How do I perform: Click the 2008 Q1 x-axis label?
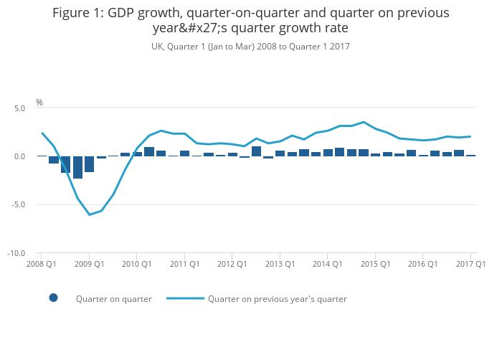click(x=42, y=264)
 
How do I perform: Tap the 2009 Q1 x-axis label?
click(x=89, y=264)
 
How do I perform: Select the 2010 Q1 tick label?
click(x=136, y=264)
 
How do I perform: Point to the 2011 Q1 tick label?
click(x=184, y=264)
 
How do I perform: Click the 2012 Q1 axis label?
click(x=232, y=264)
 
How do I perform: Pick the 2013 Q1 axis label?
click(x=280, y=264)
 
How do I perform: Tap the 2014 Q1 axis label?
click(x=327, y=264)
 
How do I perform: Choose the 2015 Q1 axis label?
click(x=375, y=264)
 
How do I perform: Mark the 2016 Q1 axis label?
click(x=422, y=264)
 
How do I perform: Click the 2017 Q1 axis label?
click(x=470, y=264)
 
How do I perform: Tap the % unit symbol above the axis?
click(x=39, y=103)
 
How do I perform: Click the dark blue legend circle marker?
click(x=53, y=298)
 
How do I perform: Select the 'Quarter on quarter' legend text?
click(x=114, y=299)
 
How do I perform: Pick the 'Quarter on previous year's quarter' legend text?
click(x=277, y=299)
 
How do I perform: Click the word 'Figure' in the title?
click(x=72, y=13)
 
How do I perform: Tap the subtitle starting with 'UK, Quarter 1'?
click(x=250, y=47)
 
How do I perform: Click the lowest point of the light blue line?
click(x=90, y=214)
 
